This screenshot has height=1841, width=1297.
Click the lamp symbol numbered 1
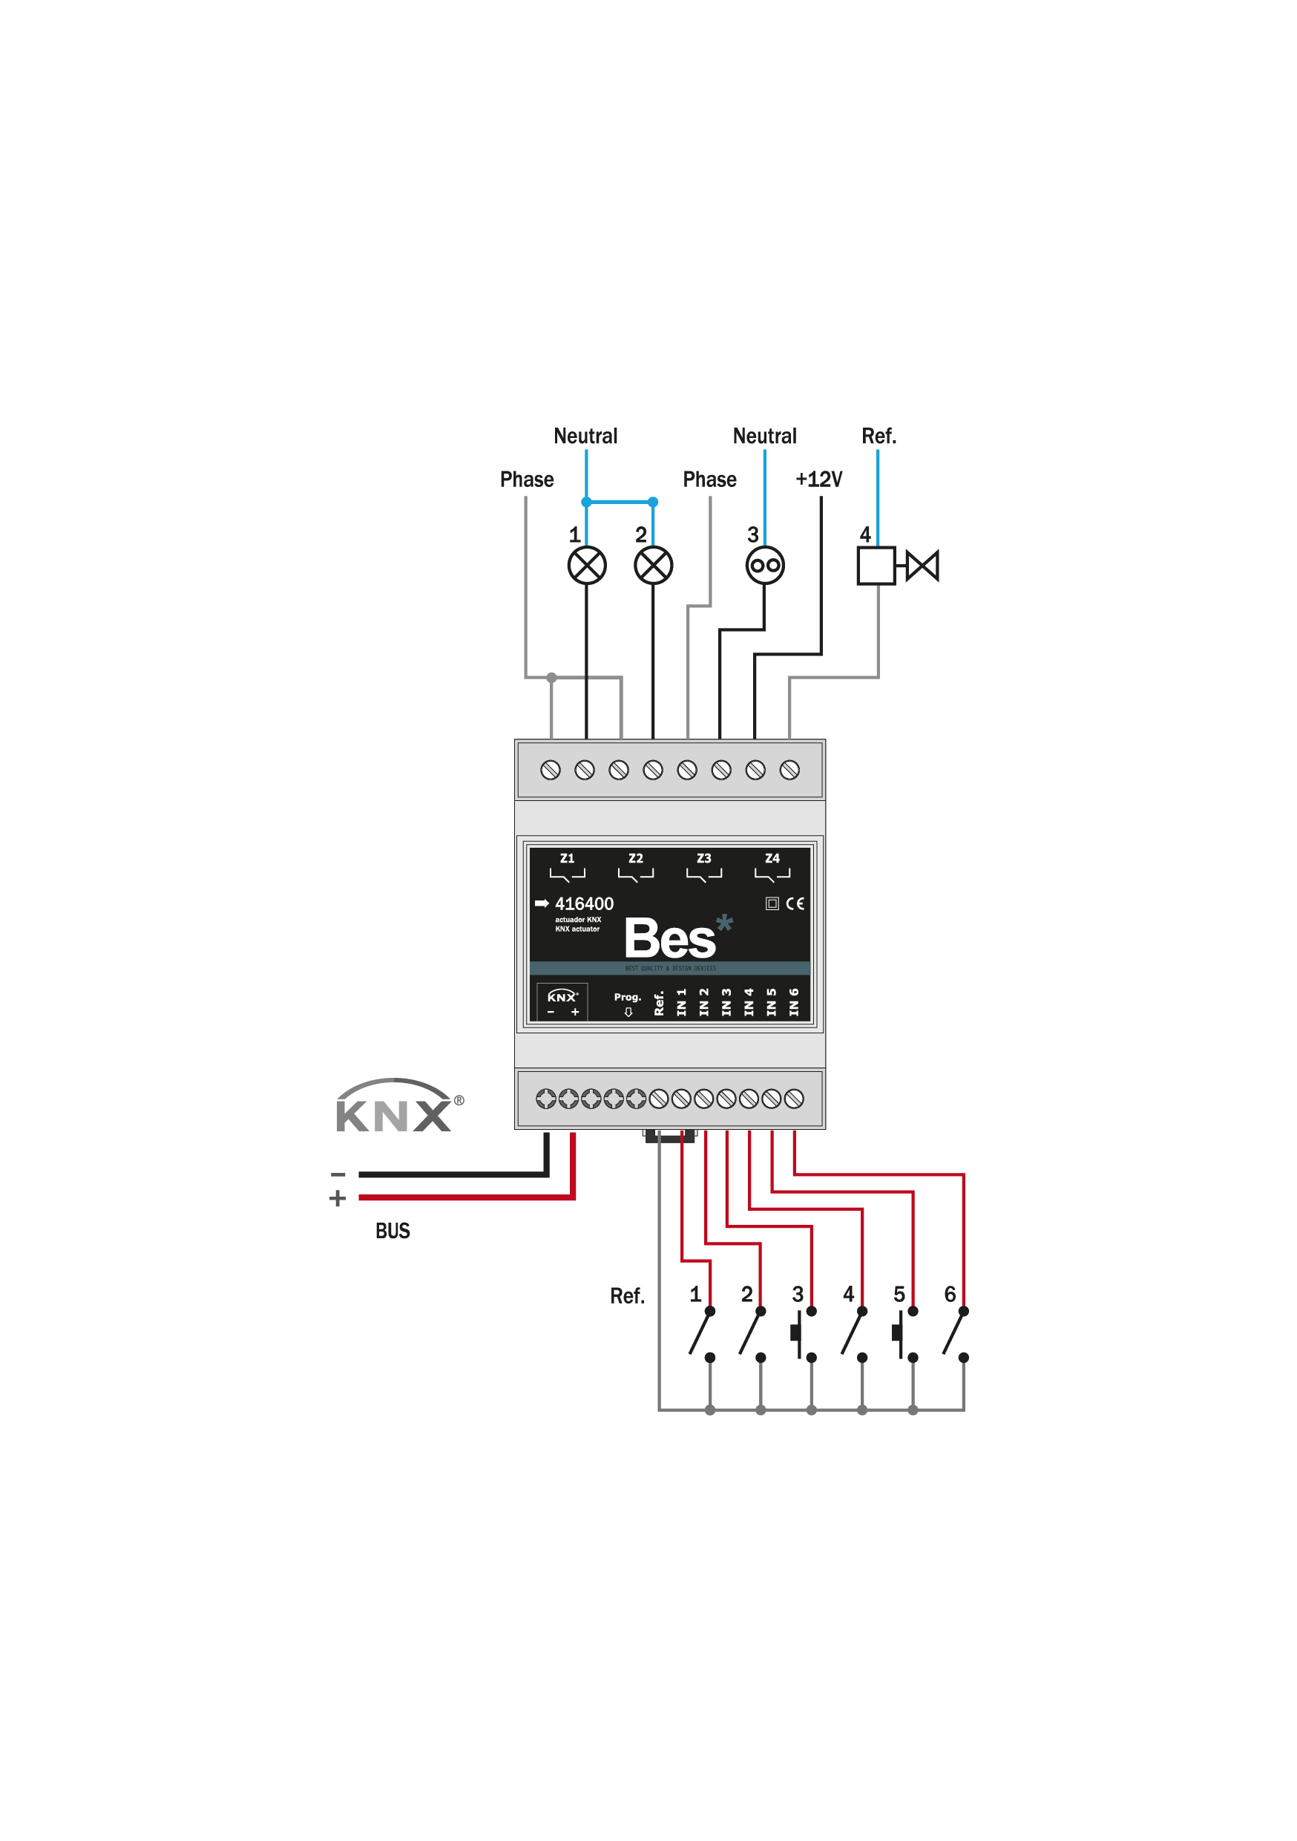587,566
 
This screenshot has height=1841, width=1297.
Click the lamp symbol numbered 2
653,566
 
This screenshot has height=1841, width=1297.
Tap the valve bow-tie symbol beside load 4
922,566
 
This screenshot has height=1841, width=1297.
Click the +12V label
818,480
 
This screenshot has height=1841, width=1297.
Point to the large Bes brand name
669,938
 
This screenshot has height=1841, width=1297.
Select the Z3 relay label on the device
704,858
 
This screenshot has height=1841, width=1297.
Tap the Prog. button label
628,998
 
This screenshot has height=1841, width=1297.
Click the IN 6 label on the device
794,1002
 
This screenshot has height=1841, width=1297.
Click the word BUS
393,1231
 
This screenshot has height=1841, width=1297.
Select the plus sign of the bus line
338,1198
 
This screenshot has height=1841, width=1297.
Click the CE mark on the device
795,903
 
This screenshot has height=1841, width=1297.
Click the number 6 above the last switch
950,1294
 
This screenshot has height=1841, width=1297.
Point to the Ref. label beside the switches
628,1297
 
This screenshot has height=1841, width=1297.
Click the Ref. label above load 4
879,436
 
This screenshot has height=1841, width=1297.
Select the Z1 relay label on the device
568,858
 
